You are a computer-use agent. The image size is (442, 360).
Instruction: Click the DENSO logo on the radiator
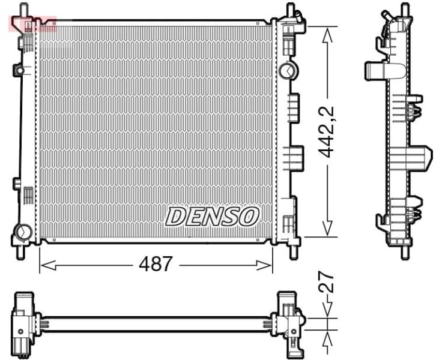coord(212,217)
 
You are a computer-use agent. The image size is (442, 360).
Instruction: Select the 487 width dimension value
coord(156,264)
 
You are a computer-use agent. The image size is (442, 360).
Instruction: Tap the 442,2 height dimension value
coord(327,132)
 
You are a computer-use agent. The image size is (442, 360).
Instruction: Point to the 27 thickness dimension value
coord(327,281)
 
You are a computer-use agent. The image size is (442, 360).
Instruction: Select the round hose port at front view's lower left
coord(25,230)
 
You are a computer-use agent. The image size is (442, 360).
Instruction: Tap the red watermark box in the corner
coord(32,24)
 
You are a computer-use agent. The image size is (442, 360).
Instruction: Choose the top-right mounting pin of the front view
coord(290,11)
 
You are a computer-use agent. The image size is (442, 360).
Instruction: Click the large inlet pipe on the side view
coord(377,70)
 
